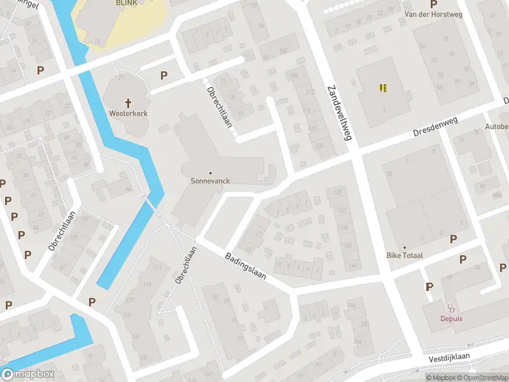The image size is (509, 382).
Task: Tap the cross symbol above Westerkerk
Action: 128,103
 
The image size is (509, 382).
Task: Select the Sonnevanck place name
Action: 210,180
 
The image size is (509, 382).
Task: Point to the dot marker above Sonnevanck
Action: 210,173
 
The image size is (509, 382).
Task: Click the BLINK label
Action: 126,3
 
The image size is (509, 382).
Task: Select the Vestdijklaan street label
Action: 449,358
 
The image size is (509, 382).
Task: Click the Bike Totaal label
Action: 405,255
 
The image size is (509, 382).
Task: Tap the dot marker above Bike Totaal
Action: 405,248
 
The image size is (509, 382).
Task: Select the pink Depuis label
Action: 451,318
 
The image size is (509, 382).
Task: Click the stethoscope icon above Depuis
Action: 451,308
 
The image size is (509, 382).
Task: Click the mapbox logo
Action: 27,374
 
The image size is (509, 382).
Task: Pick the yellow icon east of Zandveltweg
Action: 383,88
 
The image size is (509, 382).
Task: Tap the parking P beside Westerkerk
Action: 164,76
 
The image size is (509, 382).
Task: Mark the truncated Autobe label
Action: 497,127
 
